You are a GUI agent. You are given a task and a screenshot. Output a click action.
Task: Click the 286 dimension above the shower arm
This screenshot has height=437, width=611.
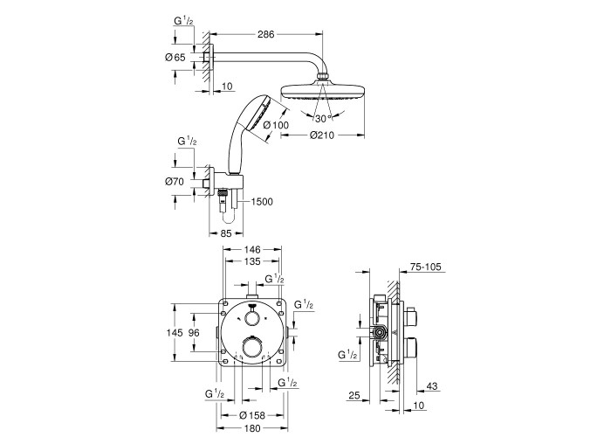click(265, 34)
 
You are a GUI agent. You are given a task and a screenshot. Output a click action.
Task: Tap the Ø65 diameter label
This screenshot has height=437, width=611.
click(175, 58)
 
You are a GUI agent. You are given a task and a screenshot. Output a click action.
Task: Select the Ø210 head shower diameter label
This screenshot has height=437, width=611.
click(322, 135)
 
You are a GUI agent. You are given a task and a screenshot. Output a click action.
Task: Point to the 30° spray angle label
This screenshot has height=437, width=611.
click(323, 118)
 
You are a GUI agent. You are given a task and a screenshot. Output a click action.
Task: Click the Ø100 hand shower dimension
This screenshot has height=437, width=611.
click(276, 125)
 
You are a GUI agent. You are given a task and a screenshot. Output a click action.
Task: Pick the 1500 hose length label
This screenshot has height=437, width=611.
click(262, 202)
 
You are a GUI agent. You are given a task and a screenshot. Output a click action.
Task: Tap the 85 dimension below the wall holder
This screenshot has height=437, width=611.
click(226, 233)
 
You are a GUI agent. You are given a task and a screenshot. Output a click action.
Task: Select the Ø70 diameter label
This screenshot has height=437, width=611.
click(175, 182)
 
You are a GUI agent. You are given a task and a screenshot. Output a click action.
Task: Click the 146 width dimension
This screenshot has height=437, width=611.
click(252, 249)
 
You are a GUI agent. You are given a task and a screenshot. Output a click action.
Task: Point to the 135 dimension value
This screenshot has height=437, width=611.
click(252, 261)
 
